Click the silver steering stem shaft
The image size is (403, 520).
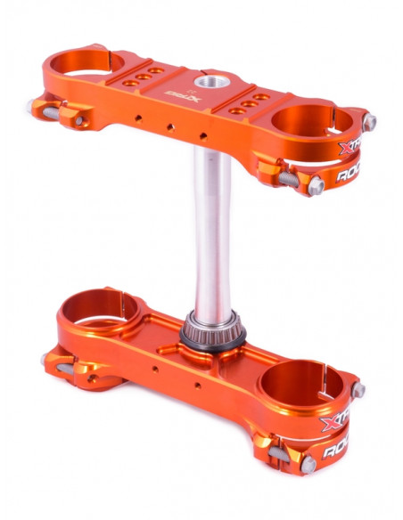coord(214,232)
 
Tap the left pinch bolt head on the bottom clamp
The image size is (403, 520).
coord(45,359)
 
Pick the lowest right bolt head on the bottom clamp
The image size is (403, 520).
coord(308,464)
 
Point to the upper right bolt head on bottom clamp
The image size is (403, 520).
coord(358,390)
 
